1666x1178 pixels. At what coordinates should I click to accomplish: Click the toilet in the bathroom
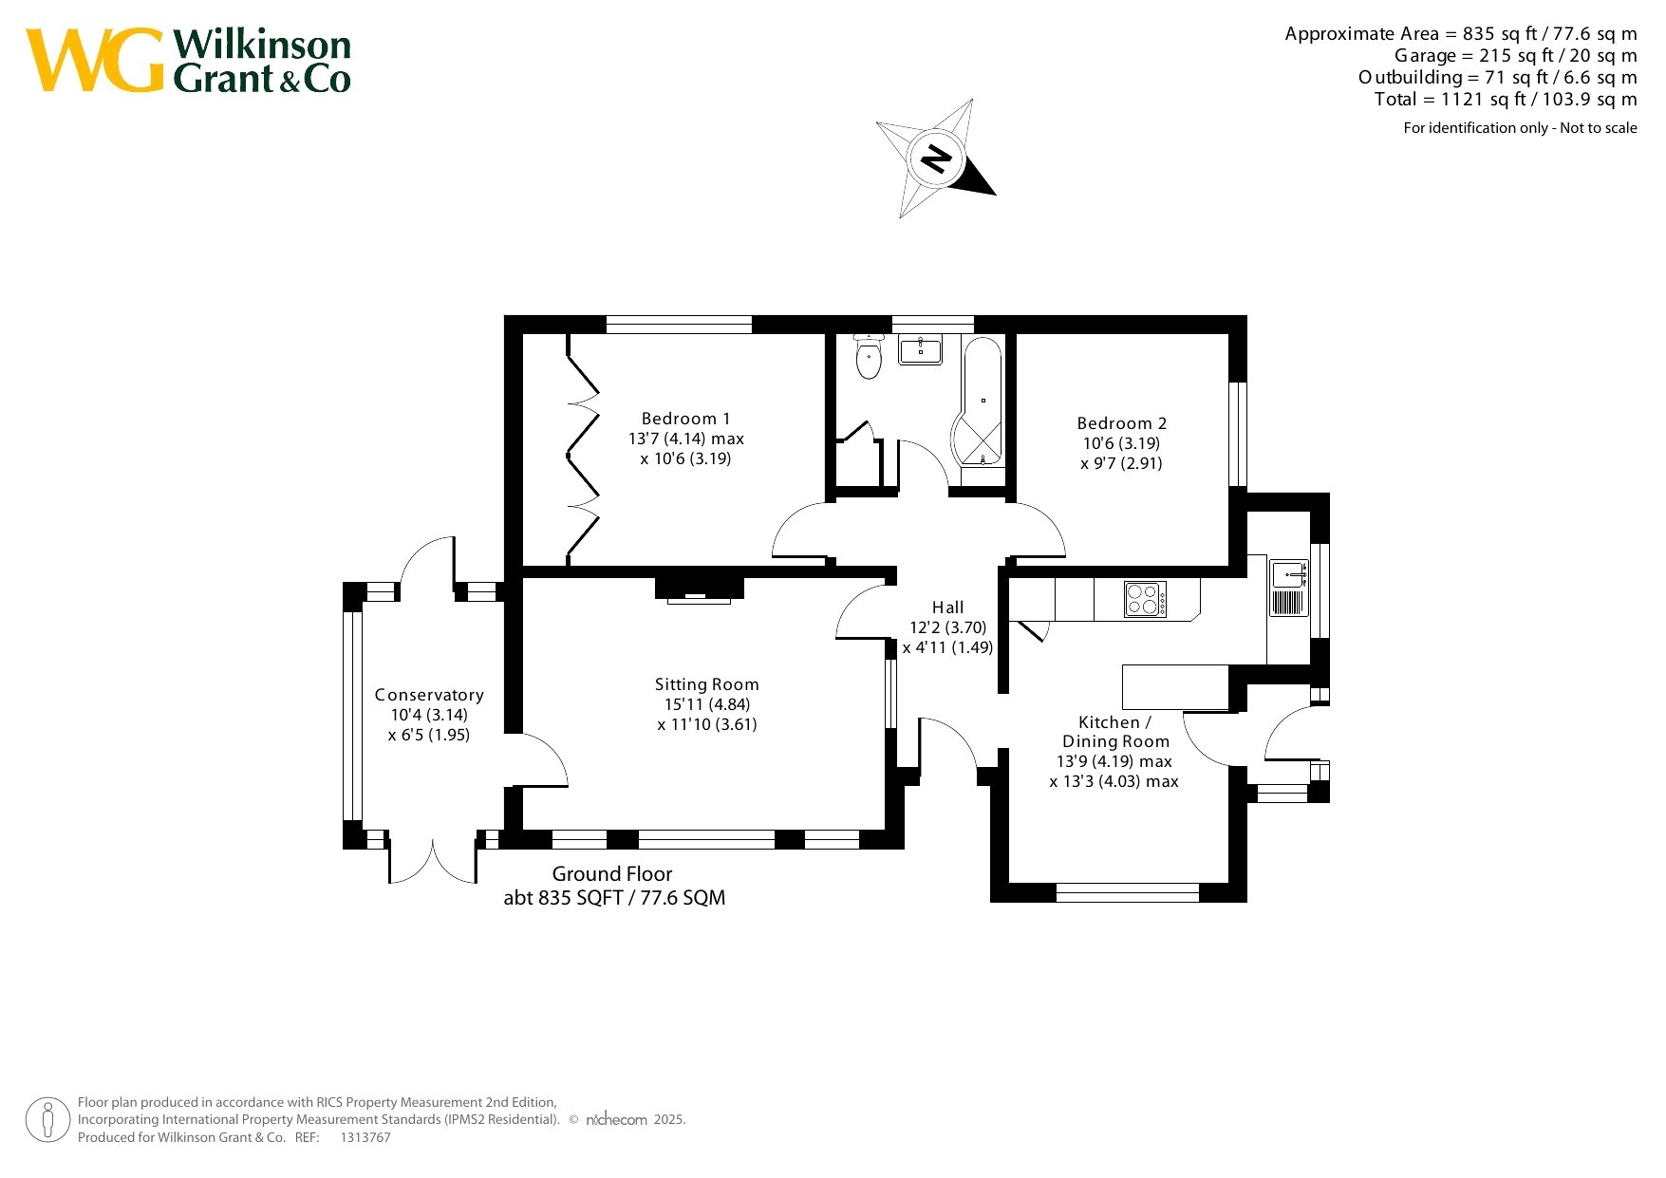point(869,356)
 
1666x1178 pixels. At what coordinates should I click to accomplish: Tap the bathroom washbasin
point(920,349)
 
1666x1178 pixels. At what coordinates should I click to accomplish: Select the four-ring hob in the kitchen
point(1145,599)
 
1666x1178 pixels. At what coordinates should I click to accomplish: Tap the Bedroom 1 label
point(686,419)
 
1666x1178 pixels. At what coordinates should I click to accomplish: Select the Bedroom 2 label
point(1122,423)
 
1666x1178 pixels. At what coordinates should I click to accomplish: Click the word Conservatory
point(429,695)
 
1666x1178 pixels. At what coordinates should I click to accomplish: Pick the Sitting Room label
point(707,684)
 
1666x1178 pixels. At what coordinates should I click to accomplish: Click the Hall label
point(947,608)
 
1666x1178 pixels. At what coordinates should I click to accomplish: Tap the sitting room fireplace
point(700,589)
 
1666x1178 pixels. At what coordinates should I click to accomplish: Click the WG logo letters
point(96,60)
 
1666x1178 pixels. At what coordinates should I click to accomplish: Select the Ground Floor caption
point(612,874)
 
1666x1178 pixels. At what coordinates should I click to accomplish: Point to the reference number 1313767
point(365,1137)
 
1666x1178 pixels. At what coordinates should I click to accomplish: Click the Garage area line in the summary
point(1516,56)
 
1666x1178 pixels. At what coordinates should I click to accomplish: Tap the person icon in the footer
point(48,1120)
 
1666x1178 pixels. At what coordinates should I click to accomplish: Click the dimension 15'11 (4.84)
point(707,704)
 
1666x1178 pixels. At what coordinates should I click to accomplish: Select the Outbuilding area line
point(1498,78)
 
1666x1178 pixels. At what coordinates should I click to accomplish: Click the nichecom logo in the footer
point(617,1119)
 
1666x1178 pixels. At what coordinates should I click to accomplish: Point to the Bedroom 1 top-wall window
point(679,325)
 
